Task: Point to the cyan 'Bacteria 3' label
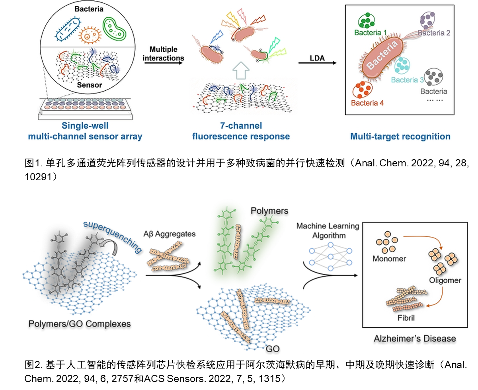click(407, 80)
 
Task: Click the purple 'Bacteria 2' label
click(434, 33)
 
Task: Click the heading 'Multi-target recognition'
click(400, 136)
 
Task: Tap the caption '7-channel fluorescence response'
click(241, 131)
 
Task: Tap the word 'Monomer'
click(389, 259)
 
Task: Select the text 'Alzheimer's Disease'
click(415, 339)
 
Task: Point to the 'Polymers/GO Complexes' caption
click(79, 324)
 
